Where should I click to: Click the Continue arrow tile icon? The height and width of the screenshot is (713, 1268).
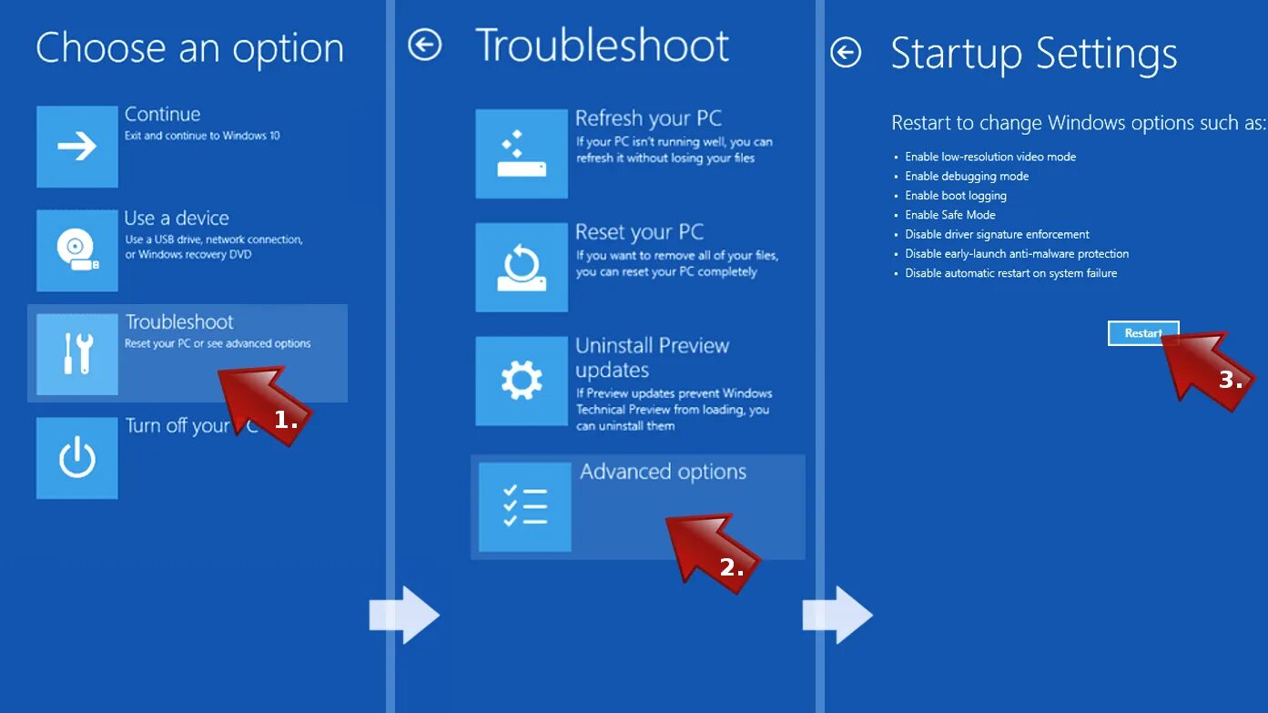pyautogui.click(x=77, y=147)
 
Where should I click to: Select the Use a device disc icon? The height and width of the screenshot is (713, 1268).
pyautogui.click(x=77, y=250)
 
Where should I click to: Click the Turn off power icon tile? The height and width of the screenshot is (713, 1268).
pyautogui.click(x=77, y=458)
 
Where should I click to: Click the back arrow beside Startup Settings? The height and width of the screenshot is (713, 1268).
pyautogui.click(x=846, y=53)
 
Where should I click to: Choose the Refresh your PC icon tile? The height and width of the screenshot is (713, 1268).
pyautogui.click(x=522, y=154)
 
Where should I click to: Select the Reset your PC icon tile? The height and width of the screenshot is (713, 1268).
pyautogui.click(x=522, y=268)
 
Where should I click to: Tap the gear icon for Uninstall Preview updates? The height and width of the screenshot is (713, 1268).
pyautogui.click(x=522, y=381)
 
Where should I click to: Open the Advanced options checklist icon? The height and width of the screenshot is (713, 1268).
pyautogui.click(x=525, y=507)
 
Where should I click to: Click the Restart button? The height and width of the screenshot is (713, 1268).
pyautogui.click(x=1142, y=333)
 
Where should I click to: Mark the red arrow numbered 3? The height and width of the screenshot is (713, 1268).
pyautogui.click(x=1206, y=363)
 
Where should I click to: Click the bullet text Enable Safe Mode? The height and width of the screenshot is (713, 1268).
pyautogui.click(x=949, y=215)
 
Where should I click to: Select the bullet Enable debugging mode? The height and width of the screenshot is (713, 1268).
pyautogui.click(x=967, y=176)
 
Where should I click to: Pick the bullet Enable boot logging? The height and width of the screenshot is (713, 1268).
pyautogui.click(x=955, y=196)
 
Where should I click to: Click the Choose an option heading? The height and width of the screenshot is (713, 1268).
pyautogui.click(x=189, y=48)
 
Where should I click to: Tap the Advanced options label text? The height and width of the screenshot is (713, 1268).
pyautogui.click(x=663, y=472)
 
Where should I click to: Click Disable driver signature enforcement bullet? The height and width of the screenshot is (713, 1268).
pyautogui.click(x=997, y=234)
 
